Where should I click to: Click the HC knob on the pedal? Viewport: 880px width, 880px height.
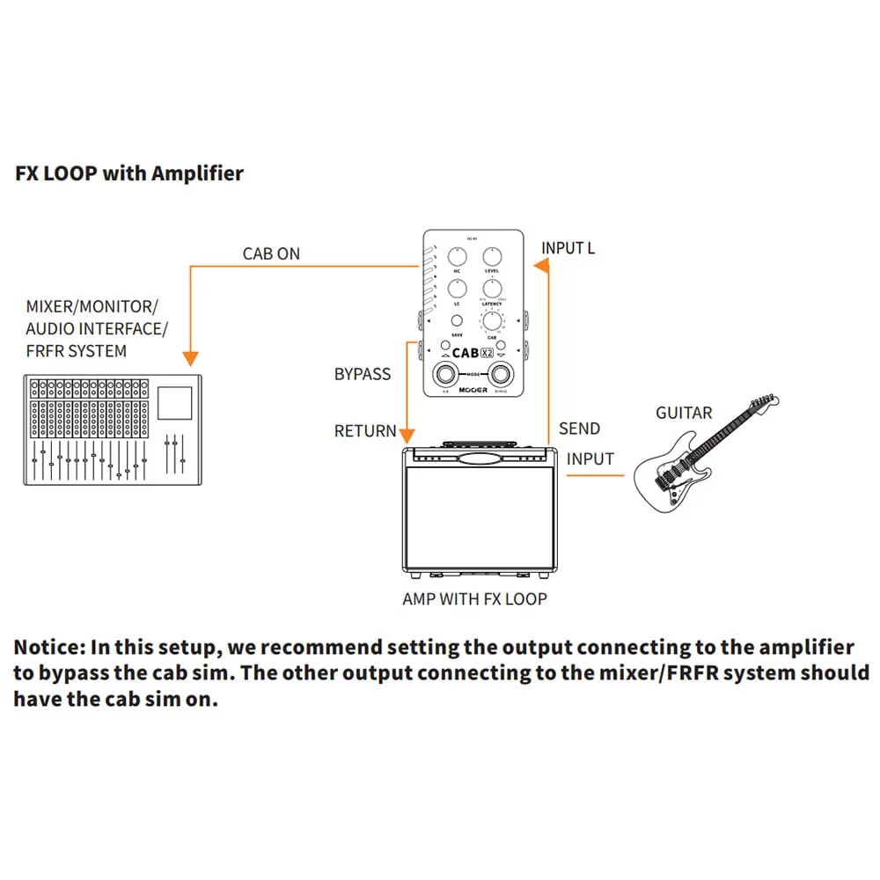pos(458,257)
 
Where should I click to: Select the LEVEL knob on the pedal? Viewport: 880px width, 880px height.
pos(491,257)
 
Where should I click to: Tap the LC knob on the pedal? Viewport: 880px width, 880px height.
pos(458,290)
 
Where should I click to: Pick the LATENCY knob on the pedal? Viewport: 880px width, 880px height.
pos(491,290)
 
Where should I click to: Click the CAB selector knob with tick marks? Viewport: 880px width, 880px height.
pos(491,322)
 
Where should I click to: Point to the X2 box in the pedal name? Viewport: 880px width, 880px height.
pos(487,353)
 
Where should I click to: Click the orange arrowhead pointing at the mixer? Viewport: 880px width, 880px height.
pos(190,358)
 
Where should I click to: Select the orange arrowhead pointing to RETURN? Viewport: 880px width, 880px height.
pos(407,434)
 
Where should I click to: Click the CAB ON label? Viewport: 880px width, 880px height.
pos(271,254)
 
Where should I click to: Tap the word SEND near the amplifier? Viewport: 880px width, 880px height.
pos(579,429)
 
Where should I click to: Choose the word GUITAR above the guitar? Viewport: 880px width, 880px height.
pos(684,413)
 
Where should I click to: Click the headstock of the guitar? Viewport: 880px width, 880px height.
pos(765,406)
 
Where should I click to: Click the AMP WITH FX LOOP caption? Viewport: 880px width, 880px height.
pos(474,599)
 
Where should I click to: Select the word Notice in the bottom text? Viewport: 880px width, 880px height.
pos(47,648)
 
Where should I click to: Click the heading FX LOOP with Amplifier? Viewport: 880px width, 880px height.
pos(129,173)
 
